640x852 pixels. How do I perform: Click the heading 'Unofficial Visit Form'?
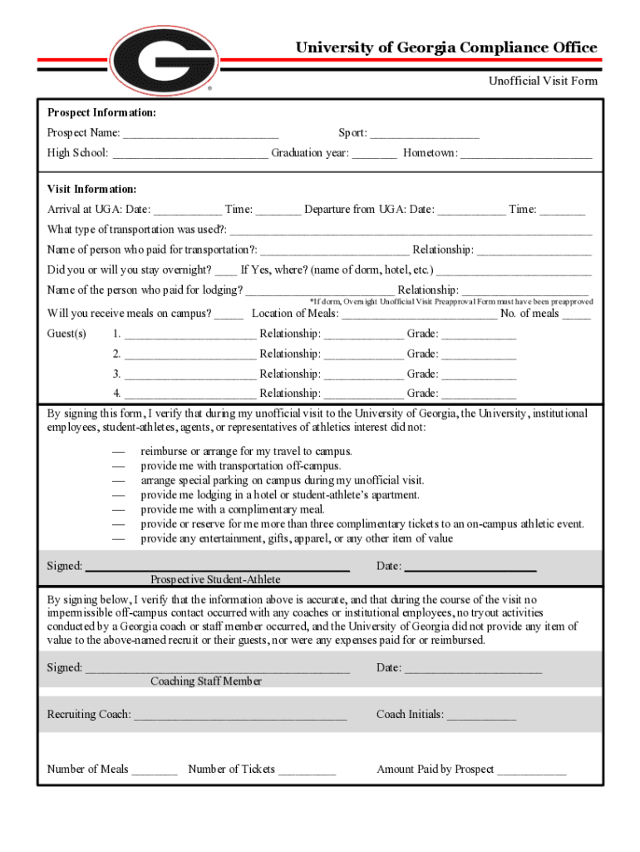[x=542, y=81]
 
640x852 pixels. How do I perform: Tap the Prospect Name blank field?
[x=200, y=134]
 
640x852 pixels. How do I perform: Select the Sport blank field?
[x=425, y=134]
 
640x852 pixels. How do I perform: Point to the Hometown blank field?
[x=525, y=154]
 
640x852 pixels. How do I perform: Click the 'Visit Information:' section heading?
[x=92, y=189]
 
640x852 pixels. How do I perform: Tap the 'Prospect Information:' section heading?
[x=101, y=112]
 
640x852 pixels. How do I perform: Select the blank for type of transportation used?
[x=411, y=230]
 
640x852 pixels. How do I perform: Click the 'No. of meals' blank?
[x=576, y=315]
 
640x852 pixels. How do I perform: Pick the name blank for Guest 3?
[x=190, y=374]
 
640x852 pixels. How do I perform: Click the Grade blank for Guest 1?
[x=478, y=334]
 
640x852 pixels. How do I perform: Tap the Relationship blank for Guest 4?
[x=363, y=394]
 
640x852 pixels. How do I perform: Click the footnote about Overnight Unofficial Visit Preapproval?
[x=450, y=301]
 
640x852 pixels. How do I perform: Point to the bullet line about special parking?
[x=283, y=480]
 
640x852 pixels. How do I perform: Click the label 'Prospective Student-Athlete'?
[x=215, y=579]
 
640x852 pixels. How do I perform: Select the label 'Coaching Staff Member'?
[x=206, y=681]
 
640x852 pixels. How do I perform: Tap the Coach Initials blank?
[x=481, y=715]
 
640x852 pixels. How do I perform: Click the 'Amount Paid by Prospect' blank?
[x=531, y=770]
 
